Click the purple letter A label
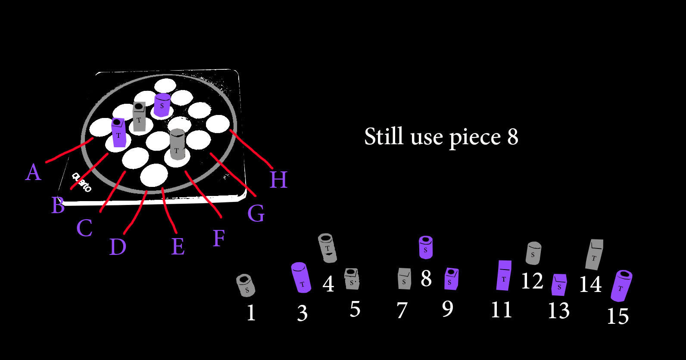[33, 173]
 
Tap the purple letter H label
[278, 180]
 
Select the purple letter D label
[118, 247]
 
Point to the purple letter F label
[219, 238]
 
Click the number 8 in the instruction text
[512, 137]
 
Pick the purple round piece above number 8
[426, 247]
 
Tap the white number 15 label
[617, 317]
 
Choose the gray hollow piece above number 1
[246, 285]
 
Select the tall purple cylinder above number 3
[301, 277]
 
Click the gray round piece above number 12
[533, 253]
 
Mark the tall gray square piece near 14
[594, 254]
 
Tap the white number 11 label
[501, 310]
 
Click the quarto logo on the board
[81, 182]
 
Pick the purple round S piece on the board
[162, 105]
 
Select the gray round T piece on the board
[177, 144]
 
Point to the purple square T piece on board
[118, 133]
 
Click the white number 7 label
[402, 310]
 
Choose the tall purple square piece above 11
[504, 275]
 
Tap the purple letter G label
[256, 214]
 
